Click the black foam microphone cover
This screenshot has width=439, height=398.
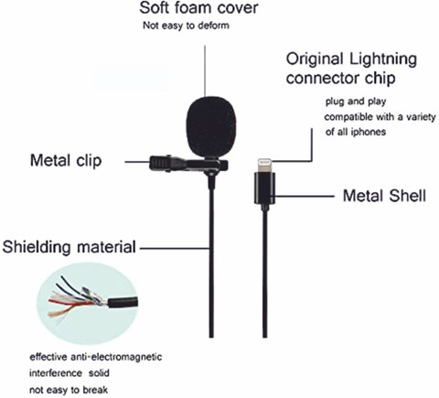[x=211, y=127]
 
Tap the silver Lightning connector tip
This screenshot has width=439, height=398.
[x=264, y=165]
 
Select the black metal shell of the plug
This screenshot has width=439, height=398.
[x=264, y=188]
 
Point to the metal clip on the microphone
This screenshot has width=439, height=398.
[x=188, y=164]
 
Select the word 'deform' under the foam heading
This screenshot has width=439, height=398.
[x=214, y=26]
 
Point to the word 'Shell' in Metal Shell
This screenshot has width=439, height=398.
[x=408, y=196]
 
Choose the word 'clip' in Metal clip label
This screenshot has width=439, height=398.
[x=89, y=161]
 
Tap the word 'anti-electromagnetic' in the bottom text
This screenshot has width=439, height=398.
[x=116, y=357]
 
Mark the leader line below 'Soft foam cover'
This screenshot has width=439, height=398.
[x=205, y=71]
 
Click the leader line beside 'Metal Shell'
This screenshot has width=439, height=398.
[x=305, y=196]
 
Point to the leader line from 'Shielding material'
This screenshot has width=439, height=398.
[x=176, y=249]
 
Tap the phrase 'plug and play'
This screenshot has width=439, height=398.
[x=356, y=102]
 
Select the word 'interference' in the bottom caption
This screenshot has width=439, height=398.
[x=56, y=373]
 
